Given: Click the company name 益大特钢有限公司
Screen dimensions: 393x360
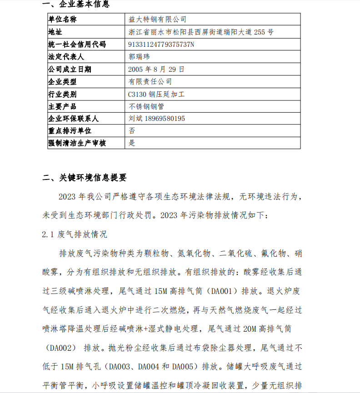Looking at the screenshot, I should [x=158, y=20].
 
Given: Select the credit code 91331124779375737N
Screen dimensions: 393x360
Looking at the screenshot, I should [x=161, y=45].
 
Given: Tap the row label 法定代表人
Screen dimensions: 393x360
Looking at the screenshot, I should [x=66, y=57].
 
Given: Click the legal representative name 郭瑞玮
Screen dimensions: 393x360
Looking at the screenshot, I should [x=139, y=57].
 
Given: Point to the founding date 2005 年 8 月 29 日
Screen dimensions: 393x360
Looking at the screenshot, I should [x=156, y=69].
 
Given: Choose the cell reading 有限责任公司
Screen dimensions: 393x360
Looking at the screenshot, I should [x=150, y=82].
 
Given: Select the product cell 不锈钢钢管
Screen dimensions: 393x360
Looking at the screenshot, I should [x=147, y=106].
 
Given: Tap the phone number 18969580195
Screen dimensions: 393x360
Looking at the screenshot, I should [x=165, y=119].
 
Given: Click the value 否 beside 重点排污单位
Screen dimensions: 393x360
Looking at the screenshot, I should [x=132, y=130].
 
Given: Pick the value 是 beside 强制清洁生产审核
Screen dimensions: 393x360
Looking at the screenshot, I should [x=132, y=143].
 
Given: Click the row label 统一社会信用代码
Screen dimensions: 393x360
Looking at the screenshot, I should [x=77, y=45].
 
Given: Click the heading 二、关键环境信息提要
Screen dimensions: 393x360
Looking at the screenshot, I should [x=85, y=178].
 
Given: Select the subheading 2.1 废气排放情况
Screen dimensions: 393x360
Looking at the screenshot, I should [x=74, y=235].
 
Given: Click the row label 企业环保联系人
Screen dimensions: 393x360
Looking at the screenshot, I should [x=73, y=119].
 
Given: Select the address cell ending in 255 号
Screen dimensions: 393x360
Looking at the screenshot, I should [x=201, y=32].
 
